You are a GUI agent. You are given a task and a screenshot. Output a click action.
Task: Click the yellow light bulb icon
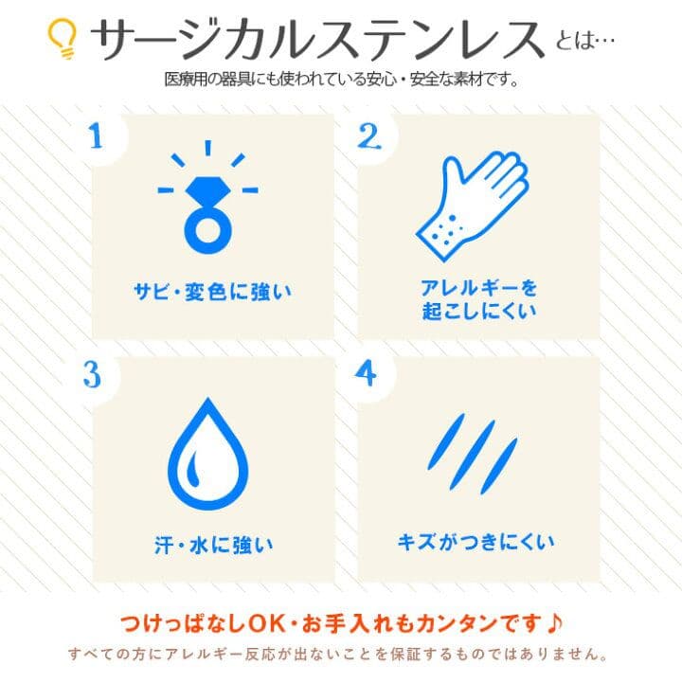click(63, 38)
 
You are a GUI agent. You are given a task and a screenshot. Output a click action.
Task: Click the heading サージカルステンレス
click(317, 39)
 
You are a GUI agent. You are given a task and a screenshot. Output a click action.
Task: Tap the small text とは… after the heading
click(585, 41)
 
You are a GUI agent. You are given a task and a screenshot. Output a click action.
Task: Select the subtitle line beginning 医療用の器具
click(341, 80)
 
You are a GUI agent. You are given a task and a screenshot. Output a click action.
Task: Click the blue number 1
click(96, 136)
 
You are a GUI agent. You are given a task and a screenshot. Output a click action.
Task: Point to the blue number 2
click(368, 136)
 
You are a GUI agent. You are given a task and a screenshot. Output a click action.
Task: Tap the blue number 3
click(92, 374)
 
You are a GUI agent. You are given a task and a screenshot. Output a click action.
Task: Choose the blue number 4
click(366, 373)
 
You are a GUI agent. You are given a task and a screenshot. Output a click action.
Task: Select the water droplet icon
click(207, 454)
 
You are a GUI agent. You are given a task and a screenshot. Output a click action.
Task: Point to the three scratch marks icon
click(473, 454)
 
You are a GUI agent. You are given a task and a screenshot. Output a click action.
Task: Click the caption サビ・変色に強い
click(213, 292)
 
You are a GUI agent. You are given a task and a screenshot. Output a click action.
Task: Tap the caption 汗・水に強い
click(213, 545)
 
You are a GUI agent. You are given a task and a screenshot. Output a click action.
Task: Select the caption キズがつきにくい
click(476, 542)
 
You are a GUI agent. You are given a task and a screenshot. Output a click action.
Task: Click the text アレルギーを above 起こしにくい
click(479, 288)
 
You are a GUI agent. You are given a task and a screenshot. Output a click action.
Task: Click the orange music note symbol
click(554, 623)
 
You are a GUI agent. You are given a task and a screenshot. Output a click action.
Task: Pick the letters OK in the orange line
click(266, 623)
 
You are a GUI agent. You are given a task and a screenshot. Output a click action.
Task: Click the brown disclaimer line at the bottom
click(338, 654)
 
